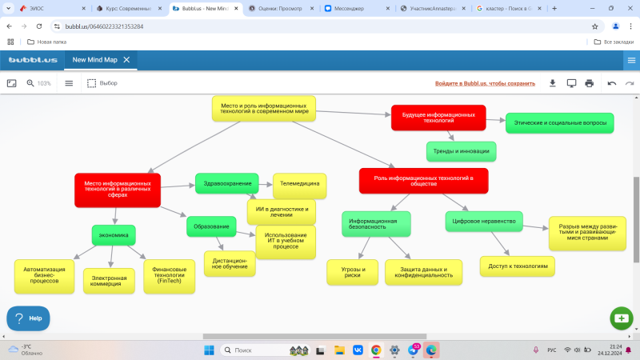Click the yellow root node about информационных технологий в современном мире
point(264,109)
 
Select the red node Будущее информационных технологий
point(438,118)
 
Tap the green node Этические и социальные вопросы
point(559,123)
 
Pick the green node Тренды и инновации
point(462,151)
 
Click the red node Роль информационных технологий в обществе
point(423,181)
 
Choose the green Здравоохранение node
point(228,183)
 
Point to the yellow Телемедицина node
point(300,185)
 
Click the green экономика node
point(114,235)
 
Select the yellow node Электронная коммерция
point(110,281)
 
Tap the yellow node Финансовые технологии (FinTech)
point(170,276)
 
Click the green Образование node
point(212,227)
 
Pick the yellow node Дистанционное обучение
point(230,263)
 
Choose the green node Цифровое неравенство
point(483,221)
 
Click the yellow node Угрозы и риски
point(353,272)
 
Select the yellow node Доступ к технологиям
point(518,266)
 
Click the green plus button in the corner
point(621,318)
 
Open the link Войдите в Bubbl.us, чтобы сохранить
point(485,83)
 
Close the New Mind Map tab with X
point(126,59)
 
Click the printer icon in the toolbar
point(590,83)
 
